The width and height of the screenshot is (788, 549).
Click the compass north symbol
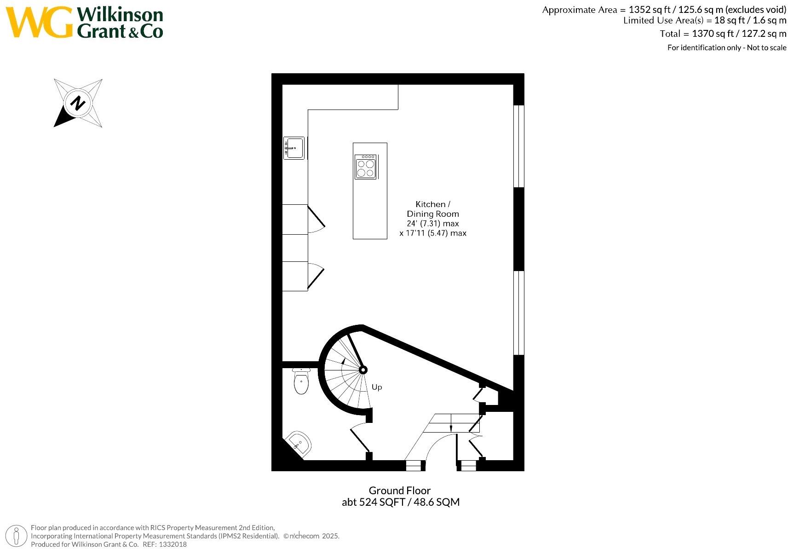(78, 103)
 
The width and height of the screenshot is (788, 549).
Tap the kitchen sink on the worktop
(293, 148)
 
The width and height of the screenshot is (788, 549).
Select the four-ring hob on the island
(366, 167)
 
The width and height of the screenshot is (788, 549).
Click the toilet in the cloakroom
(301, 383)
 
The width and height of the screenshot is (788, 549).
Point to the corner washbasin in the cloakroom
(299, 444)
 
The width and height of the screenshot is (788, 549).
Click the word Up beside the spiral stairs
(377, 387)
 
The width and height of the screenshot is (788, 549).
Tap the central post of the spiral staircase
(362, 370)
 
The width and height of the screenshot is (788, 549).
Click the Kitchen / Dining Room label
(432, 209)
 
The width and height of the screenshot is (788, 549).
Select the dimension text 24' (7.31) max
(432, 224)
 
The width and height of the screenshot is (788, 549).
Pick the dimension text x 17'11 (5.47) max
(433, 233)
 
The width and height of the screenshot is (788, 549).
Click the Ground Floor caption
(399, 491)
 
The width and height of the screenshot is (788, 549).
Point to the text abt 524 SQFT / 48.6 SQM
(400, 502)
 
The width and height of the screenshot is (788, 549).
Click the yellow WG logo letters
(40, 22)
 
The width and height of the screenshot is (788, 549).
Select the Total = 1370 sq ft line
(723, 34)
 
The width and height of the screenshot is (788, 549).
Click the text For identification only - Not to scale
(727, 47)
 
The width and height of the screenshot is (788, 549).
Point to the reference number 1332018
(173, 544)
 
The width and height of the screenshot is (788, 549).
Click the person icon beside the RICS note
(17, 536)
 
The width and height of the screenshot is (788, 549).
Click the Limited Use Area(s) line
(704, 20)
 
